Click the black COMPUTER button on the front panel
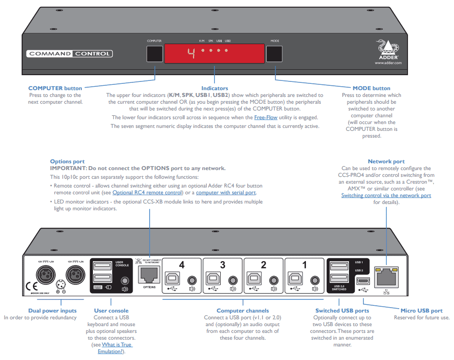[x=154, y=54]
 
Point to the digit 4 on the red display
[x=191, y=53]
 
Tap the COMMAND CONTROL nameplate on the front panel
[x=69, y=54]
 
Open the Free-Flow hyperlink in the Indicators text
[x=266, y=117]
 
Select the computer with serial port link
[x=226, y=192]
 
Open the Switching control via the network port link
[x=386, y=195]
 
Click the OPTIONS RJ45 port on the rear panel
[x=149, y=274]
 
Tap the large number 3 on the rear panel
[x=222, y=265]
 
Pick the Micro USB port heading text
[x=421, y=311]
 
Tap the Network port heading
[x=386, y=161]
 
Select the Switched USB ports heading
[x=342, y=311]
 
